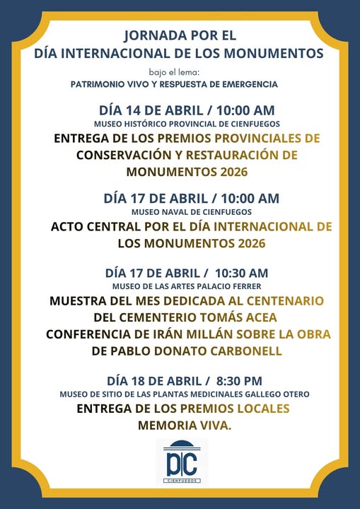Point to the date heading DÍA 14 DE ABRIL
[150, 110]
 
